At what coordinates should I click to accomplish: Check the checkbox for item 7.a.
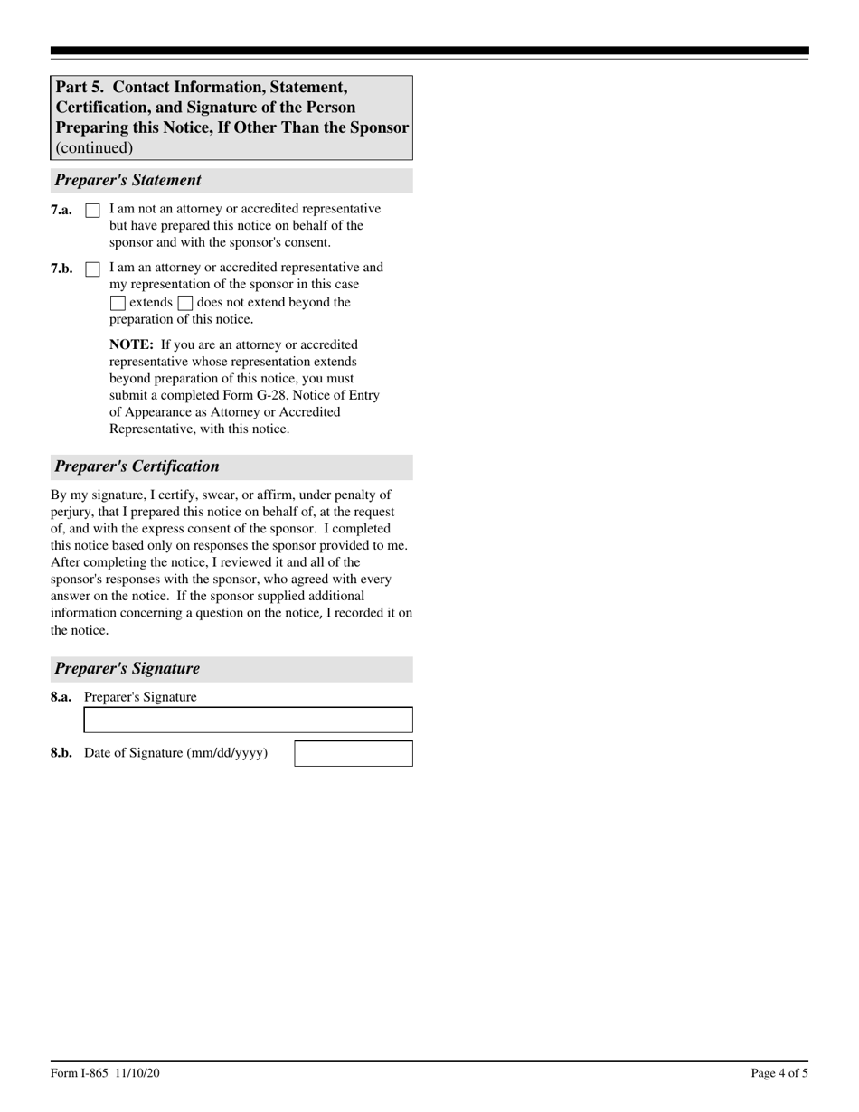pyautogui.click(x=92, y=211)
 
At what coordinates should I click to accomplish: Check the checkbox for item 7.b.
pyautogui.click(x=92, y=269)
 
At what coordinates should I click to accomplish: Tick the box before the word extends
pyautogui.click(x=118, y=304)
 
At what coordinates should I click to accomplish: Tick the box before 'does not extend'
pyautogui.click(x=185, y=304)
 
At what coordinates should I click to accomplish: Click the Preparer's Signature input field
pyautogui.click(x=248, y=720)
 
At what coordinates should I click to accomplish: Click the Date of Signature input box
pyautogui.click(x=354, y=753)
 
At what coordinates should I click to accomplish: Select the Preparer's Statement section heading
pyautogui.click(x=127, y=180)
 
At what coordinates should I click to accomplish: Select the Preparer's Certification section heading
pyautogui.click(x=137, y=466)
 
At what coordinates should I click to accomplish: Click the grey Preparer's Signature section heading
pyautogui.click(x=127, y=669)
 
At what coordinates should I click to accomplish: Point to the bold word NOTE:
pyautogui.click(x=131, y=344)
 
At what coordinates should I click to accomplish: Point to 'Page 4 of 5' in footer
pyautogui.click(x=779, y=1073)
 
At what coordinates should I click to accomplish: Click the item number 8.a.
pyautogui.click(x=61, y=697)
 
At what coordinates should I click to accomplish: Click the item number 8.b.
pyautogui.click(x=61, y=753)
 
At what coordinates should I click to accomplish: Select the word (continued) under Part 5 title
pyautogui.click(x=94, y=147)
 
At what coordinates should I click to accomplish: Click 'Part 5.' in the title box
pyautogui.click(x=80, y=88)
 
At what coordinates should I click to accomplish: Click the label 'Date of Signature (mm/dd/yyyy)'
pyautogui.click(x=175, y=753)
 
